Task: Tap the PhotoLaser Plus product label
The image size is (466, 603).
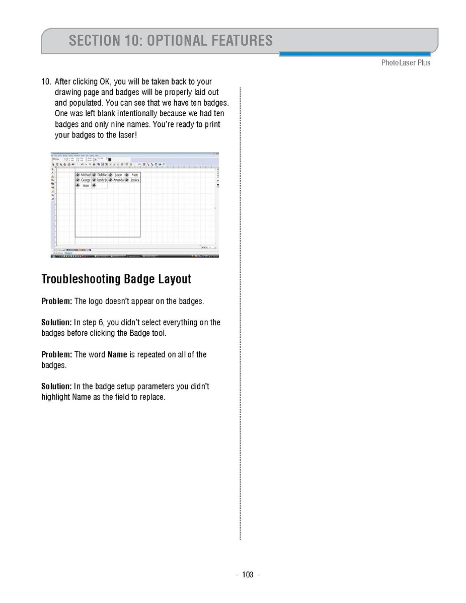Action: (406, 63)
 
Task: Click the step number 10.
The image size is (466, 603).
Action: (46, 82)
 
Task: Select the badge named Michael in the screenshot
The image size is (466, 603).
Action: (83, 175)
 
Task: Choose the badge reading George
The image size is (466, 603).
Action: (83, 180)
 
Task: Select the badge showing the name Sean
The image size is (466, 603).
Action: (83, 185)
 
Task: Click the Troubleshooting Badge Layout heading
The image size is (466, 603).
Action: (116, 279)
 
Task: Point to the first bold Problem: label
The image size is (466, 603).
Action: (57, 301)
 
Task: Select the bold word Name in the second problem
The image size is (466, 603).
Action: (117, 354)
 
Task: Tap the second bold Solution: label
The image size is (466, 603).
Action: (56, 387)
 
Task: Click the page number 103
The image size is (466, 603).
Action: (248, 575)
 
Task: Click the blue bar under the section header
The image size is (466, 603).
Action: (355, 54)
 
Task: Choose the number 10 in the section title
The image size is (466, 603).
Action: (132, 40)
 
